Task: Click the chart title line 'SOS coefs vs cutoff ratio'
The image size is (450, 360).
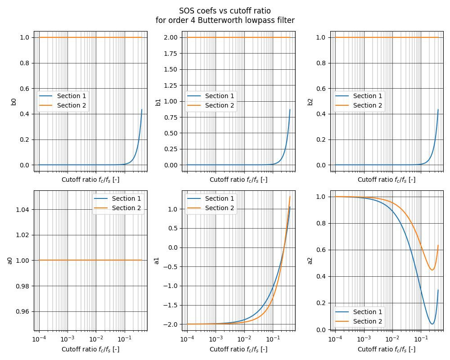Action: (x=225, y=11)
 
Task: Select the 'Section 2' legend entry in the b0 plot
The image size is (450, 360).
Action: (x=72, y=105)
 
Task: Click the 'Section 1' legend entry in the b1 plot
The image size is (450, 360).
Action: (x=220, y=96)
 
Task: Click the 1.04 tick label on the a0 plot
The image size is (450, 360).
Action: (x=22, y=209)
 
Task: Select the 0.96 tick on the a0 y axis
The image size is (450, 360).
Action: (x=22, y=311)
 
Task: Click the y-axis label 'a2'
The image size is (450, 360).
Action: (x=310, y=260)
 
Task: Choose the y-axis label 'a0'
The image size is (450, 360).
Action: (x=10, y=260)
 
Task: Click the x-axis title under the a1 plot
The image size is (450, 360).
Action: (x=238, y=349)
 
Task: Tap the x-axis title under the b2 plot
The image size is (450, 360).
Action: (x=387, y=180)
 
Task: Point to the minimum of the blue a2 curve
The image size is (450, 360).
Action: (x=432, y=324)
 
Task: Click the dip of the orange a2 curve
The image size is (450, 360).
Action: (x=432, y=270)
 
